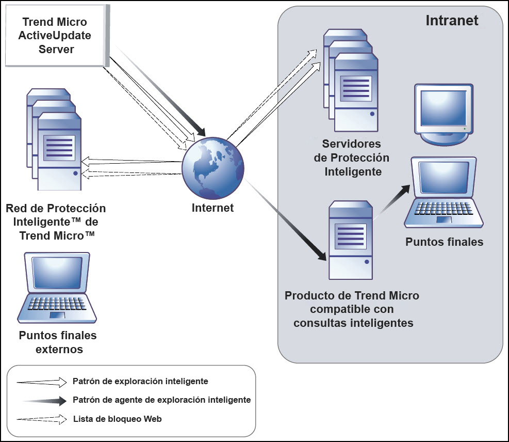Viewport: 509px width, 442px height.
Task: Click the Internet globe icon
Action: pos(213,168)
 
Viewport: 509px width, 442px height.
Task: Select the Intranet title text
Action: pos(452,21)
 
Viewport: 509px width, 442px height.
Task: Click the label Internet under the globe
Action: pos(212,208)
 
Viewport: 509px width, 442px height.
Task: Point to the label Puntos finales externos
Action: pos(58,342)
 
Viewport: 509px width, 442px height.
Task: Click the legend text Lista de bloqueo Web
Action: pos(118,419)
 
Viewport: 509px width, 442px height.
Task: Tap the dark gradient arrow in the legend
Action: pos(44,400)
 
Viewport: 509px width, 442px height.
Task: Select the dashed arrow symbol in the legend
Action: pos(42,419)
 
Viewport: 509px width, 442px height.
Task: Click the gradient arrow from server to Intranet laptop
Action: pos(394,203)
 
